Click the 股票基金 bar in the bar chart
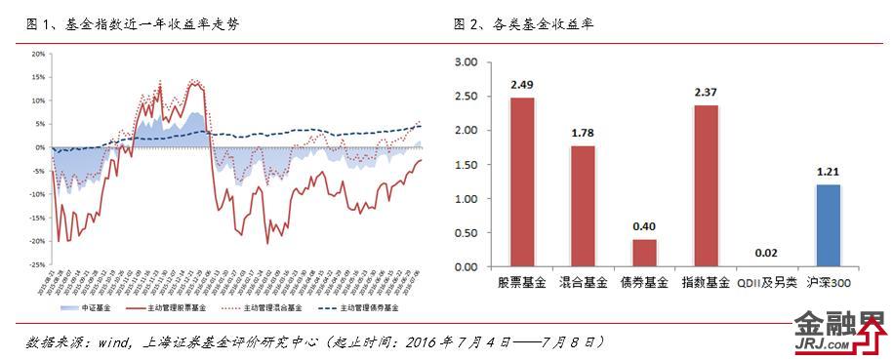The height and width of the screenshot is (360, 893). pyautogui.click(x=522, y=182)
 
